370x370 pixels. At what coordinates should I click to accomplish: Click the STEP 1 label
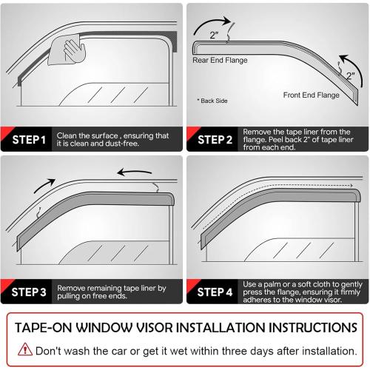point(27,139)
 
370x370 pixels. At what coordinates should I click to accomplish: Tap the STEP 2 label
point(214,139)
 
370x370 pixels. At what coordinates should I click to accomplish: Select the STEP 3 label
point(27,292)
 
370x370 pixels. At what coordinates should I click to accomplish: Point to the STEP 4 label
point(214,292)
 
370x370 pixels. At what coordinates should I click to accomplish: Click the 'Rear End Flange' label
point(220,60)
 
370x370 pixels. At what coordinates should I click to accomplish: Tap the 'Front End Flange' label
point(312,95)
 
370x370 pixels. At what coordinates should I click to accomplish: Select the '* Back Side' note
point(212,100)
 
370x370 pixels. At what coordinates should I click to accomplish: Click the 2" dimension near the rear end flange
point(213,34)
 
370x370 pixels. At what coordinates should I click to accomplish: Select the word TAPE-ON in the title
point(53,327)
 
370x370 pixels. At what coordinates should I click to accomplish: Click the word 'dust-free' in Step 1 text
point(111,144)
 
